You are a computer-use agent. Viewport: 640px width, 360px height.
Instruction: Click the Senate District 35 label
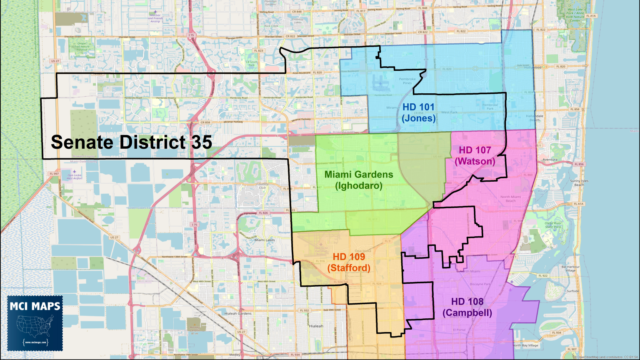(x=131, y=142)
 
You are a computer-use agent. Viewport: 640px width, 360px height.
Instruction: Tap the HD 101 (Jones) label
(x=419, y=112)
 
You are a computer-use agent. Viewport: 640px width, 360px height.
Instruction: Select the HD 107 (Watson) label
(x=475, y=155)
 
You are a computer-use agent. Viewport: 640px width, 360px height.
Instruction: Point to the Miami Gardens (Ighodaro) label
(x=359, y=180)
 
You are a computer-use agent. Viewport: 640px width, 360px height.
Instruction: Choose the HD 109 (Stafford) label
(x=349, y=262)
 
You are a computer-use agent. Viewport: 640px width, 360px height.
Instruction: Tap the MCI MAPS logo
(x=35, y=323)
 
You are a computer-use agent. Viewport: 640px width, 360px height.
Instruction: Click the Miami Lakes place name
(x=265, y=240)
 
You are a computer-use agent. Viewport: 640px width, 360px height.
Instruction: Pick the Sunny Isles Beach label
(x=579, y=182)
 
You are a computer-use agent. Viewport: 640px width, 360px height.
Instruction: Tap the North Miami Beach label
(x=510, y=199)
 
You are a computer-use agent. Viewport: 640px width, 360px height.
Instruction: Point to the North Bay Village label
(x=525, y=345)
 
